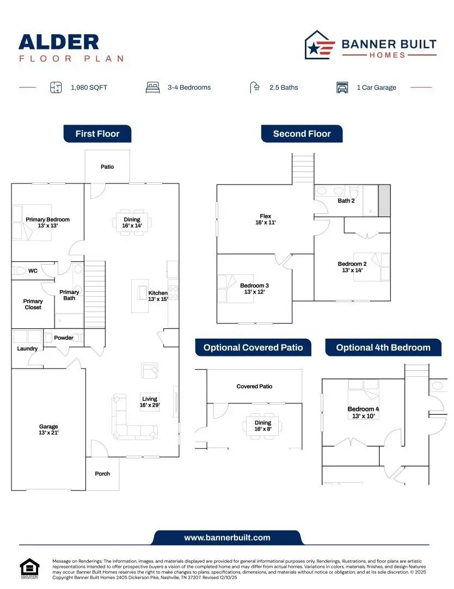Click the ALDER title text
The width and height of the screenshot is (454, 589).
59,42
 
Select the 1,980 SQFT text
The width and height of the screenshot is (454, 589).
89,88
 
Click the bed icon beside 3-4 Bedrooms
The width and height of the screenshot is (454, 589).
152,87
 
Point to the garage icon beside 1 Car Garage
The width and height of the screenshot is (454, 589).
342,88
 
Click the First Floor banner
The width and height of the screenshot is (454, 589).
97,134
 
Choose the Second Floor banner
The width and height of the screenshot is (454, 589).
302,134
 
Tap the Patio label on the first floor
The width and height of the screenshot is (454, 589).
107,167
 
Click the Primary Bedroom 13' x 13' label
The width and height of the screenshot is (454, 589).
47,222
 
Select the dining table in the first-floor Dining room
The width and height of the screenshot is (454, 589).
132,223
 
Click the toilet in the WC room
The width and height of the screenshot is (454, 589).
21,271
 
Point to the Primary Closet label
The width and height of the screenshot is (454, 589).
33,304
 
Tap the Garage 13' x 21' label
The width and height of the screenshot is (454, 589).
48,430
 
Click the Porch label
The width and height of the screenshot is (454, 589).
102,474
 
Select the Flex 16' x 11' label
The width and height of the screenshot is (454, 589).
266,219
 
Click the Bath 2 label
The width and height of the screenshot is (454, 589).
346,201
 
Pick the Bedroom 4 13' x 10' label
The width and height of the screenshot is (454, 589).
361,412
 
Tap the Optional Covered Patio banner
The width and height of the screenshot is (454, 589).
253,348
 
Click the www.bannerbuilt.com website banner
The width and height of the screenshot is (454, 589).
227,537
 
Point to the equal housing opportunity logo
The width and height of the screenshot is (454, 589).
30,568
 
